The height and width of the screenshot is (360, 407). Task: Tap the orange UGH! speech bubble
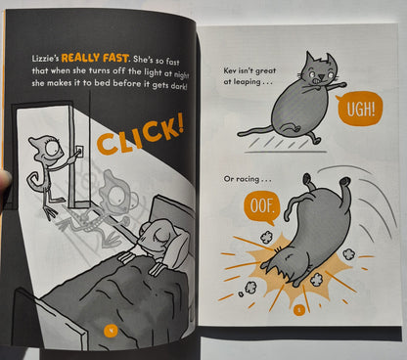tap(359, 109)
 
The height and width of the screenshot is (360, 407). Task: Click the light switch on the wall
tap(80, 151)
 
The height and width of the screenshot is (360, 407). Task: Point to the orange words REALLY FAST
tap(95, 58)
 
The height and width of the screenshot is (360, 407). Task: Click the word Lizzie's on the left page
tap(45, 59)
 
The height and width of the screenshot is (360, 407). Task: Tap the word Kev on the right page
tap(230, 70)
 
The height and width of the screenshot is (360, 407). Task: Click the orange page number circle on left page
tap(111, 330)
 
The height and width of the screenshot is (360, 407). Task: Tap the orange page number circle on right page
tap(299, 309)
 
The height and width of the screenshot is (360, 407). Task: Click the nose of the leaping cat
tap(321, 77)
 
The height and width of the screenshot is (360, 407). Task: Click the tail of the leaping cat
tap(256, 131)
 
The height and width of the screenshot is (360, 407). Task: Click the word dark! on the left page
tap(179, 87)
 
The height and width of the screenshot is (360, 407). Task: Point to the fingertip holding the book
tap(5, 180)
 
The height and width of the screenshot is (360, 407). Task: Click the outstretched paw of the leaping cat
tap(340, 85)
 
